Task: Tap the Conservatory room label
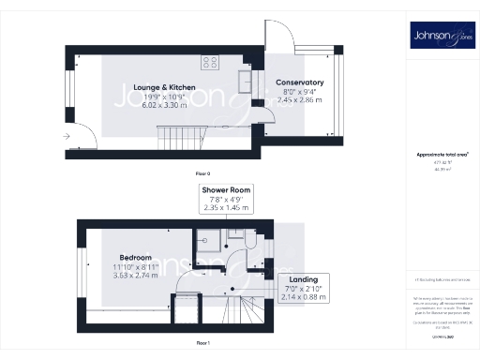tap(299, 82)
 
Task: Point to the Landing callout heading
tap(302, 278)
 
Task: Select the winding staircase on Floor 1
tap(248, 306)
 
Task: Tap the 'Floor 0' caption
tap(202, 173)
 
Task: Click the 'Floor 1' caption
tap(202, 344)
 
